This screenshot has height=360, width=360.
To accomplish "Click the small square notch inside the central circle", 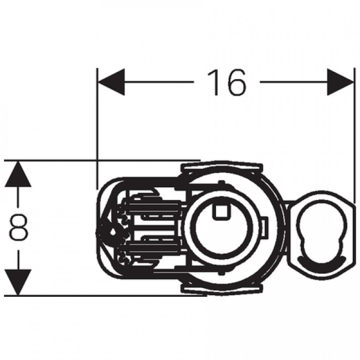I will tap(222, 209).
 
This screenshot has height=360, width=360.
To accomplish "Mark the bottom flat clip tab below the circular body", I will tap(222, 290).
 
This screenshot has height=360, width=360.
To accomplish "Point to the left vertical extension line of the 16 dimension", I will tap(97, 127).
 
